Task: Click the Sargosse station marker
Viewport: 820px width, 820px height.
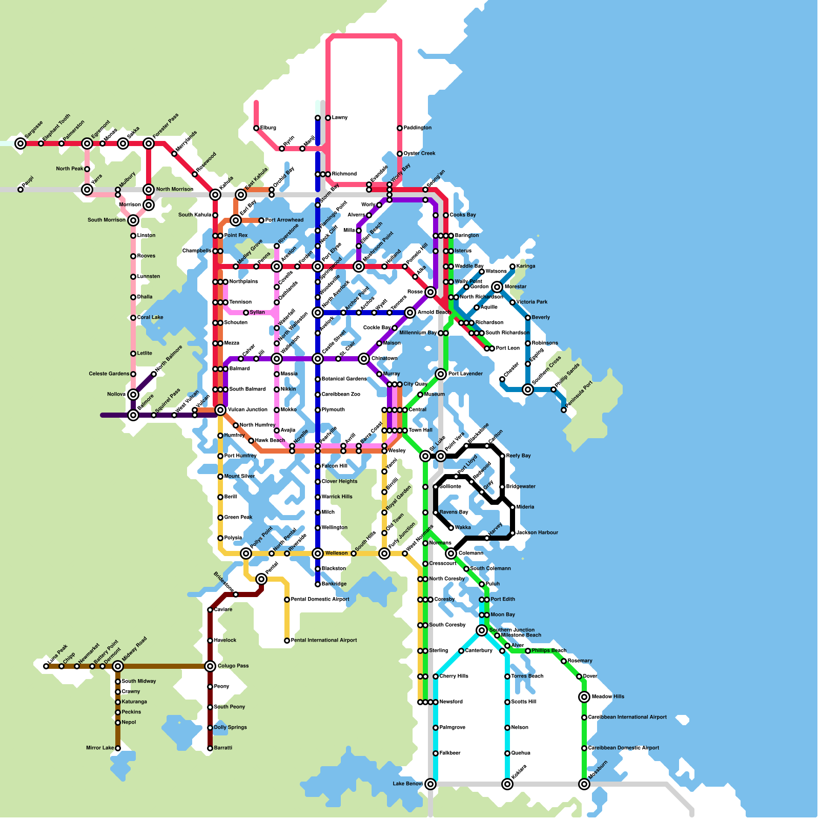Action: click(x=20, y=143)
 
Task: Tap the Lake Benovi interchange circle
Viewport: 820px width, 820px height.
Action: click(x=430, y=784)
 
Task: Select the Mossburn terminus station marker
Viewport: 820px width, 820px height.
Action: click(x=584, y=784)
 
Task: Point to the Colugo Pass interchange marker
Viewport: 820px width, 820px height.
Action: click(x=210, y=666)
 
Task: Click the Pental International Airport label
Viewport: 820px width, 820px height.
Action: click(x=323, y=641)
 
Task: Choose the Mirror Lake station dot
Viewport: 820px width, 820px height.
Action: click(x=118, y=748)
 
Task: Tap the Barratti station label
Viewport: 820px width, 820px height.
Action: click(x=223, y=748)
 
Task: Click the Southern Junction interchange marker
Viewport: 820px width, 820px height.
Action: click(x=482, y=630)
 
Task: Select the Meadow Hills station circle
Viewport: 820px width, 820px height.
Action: click(x=584, y=697)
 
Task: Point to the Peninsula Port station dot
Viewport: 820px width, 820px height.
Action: click(x=564, y=410)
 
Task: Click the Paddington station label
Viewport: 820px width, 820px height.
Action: click(x=417, y=128)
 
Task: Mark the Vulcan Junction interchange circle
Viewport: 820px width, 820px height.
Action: click(x=220, y=410)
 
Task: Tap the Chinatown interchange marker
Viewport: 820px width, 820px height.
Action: click(x=364, y=359)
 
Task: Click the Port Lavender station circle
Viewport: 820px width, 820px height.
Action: click(x=441, y=374)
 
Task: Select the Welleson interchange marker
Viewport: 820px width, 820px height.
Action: click(x=318, y=553)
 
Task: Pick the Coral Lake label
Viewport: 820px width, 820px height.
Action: click(x=150, y=318)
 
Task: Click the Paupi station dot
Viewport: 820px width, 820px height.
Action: click(x=20, y=190)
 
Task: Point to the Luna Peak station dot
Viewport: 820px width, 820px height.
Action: click(x=46, y=666)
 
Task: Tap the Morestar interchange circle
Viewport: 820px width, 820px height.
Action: click(x=497, y=287)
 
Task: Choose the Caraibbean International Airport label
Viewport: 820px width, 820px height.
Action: click(x=627, y=717)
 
